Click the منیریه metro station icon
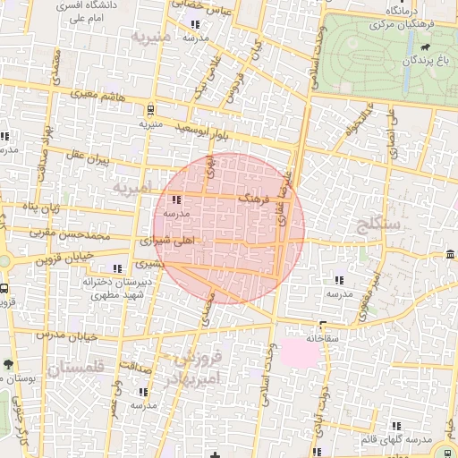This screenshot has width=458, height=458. click(149, 111)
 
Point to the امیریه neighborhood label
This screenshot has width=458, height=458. click(132, 190)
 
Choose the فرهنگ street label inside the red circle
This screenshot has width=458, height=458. click(252, 198)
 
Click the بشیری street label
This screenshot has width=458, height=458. click(148, 266)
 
